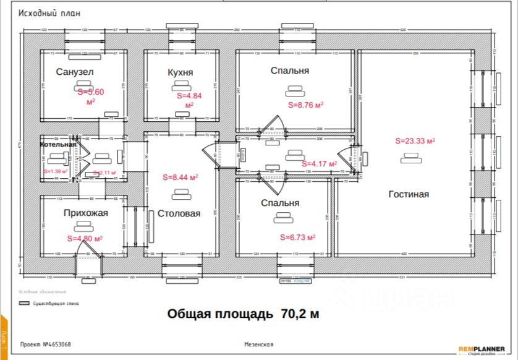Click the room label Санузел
click(74, 72)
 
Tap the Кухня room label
click(180, 72)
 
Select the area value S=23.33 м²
click(415, 141)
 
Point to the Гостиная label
click(409, 194)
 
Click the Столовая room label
click(179, 213)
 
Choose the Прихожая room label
click(85, 213)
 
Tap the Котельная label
click(58, 145)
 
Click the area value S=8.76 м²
click(306, 105)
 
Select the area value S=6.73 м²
click(298, 237)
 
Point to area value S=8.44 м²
click(180, 177)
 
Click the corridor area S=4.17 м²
click(319, 164)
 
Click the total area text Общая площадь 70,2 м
click(244, 314)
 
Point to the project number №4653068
click(46, 344)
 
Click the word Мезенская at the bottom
click(259, 344)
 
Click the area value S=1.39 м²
click(56, 171)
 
